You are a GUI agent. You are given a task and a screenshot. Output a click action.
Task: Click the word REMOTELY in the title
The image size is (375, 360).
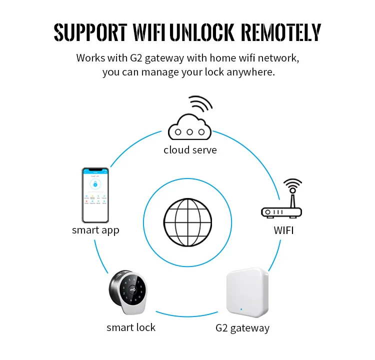(281, 32)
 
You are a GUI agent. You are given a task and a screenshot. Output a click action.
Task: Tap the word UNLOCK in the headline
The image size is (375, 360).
(203, 32)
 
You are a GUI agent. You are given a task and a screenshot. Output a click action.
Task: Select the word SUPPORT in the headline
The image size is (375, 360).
(90, 32)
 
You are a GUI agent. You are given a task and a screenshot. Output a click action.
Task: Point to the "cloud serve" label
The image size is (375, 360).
(190, 150)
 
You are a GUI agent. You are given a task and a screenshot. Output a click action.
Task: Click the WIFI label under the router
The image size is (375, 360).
(283, 230)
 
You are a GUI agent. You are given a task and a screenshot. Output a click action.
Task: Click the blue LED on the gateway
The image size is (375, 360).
(241, 309)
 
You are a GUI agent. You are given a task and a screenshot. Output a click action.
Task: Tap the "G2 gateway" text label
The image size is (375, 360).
(242, 328)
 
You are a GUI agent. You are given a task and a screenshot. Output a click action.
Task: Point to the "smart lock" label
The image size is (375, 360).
(131, 327)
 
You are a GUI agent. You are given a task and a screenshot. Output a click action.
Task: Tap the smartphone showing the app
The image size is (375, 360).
(95, 195)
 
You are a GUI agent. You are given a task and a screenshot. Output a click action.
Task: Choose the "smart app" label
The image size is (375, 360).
(95, 230)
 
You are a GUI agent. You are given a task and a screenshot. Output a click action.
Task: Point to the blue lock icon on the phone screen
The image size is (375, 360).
(95, 184)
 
